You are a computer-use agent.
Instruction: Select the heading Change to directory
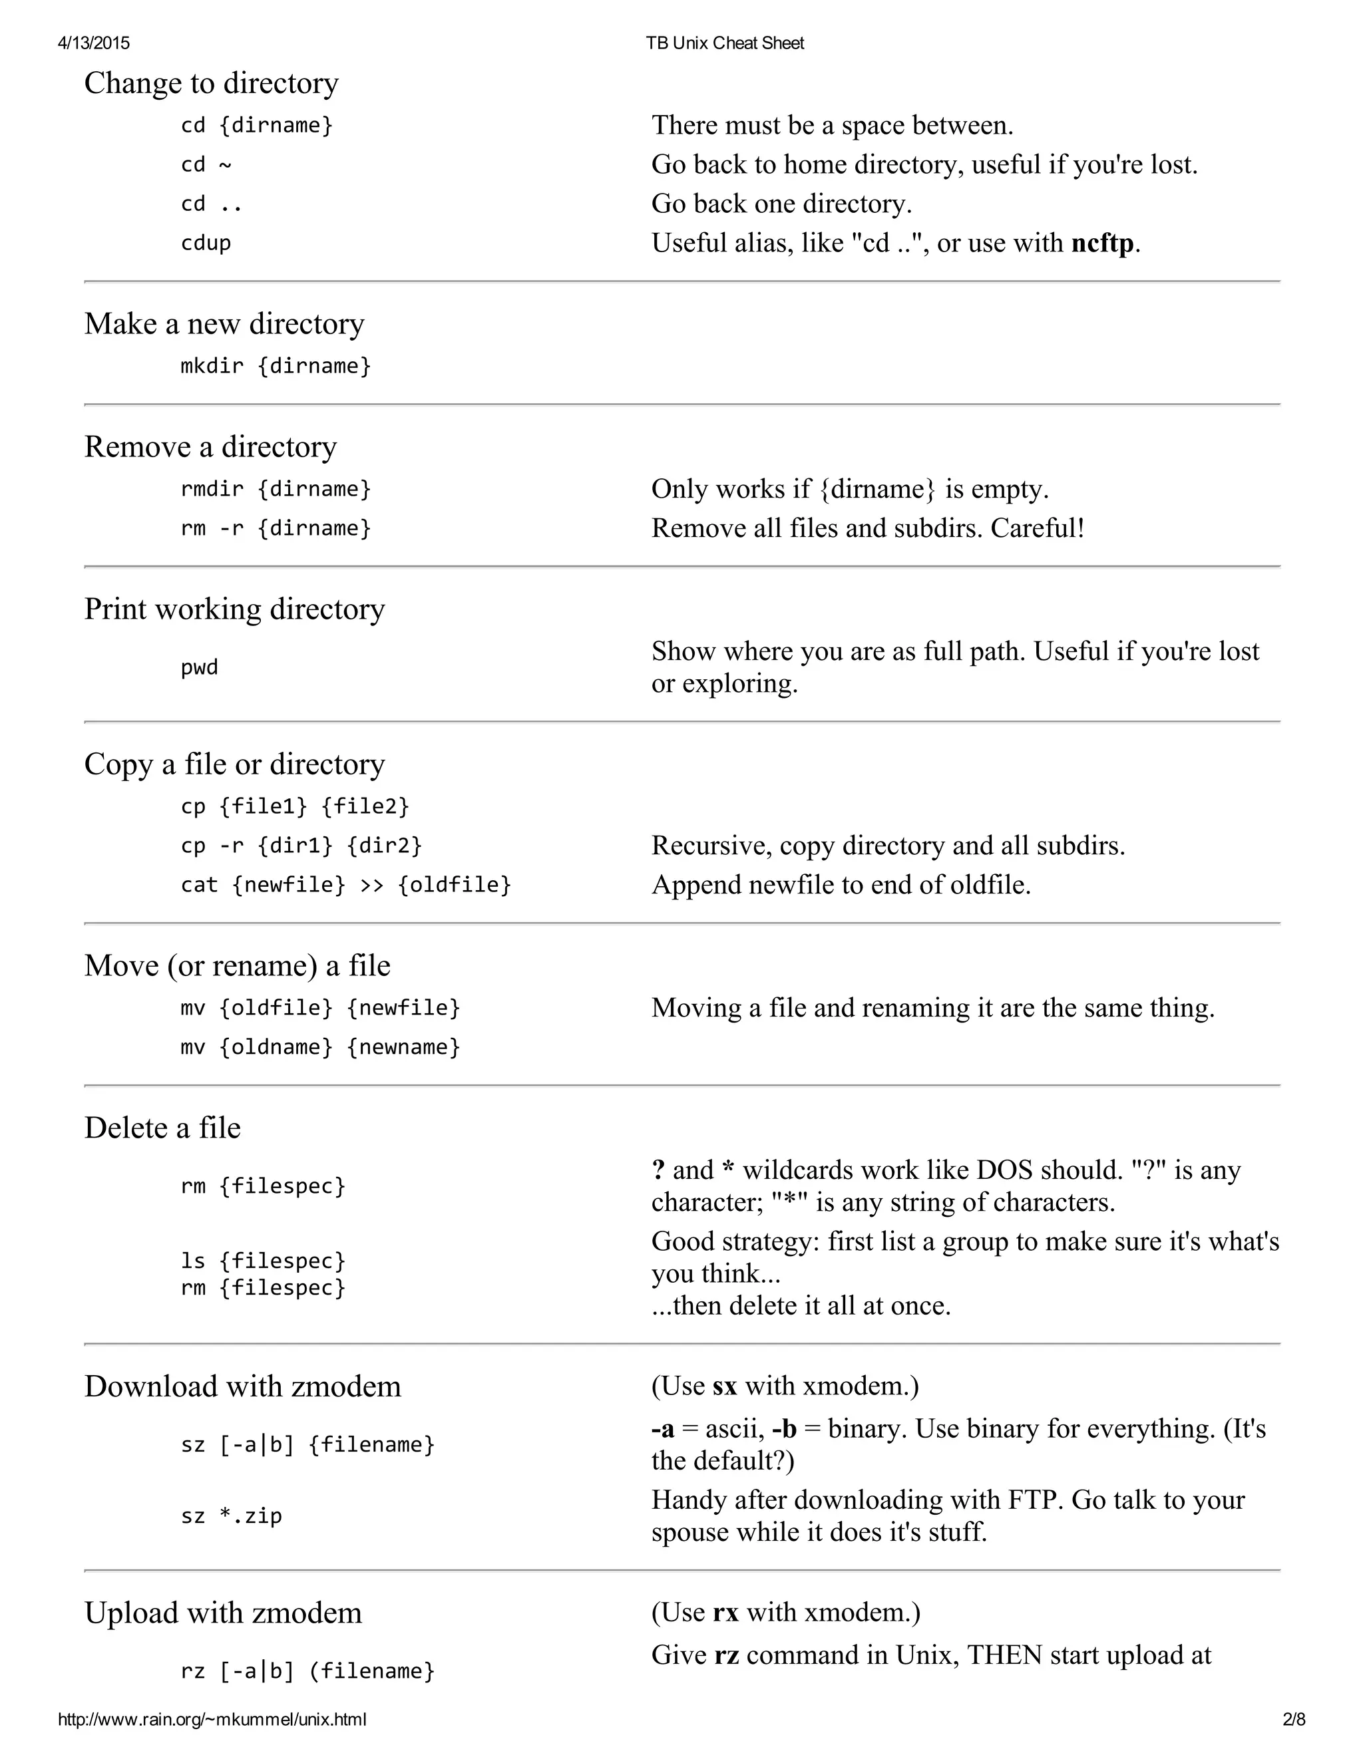coord(211,83)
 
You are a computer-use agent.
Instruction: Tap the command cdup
coord(206,243)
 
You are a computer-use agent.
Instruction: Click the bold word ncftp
coord(1102,243)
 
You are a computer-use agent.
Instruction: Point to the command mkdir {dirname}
coord(276,366)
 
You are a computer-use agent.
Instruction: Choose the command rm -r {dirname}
coord(276,528)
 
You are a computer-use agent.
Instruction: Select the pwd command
coord(200,667)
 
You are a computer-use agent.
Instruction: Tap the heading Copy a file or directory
coord(234,764)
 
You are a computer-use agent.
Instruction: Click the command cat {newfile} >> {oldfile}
coord(345,885)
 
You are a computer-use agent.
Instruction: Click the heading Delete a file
coord(162,1128)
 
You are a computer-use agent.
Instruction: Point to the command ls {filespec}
coord(262,1261)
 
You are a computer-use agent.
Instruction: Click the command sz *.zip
coord(231,1516)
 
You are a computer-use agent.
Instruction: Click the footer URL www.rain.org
coord(212,1719)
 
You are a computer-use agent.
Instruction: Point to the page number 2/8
coord(1294,1719)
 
